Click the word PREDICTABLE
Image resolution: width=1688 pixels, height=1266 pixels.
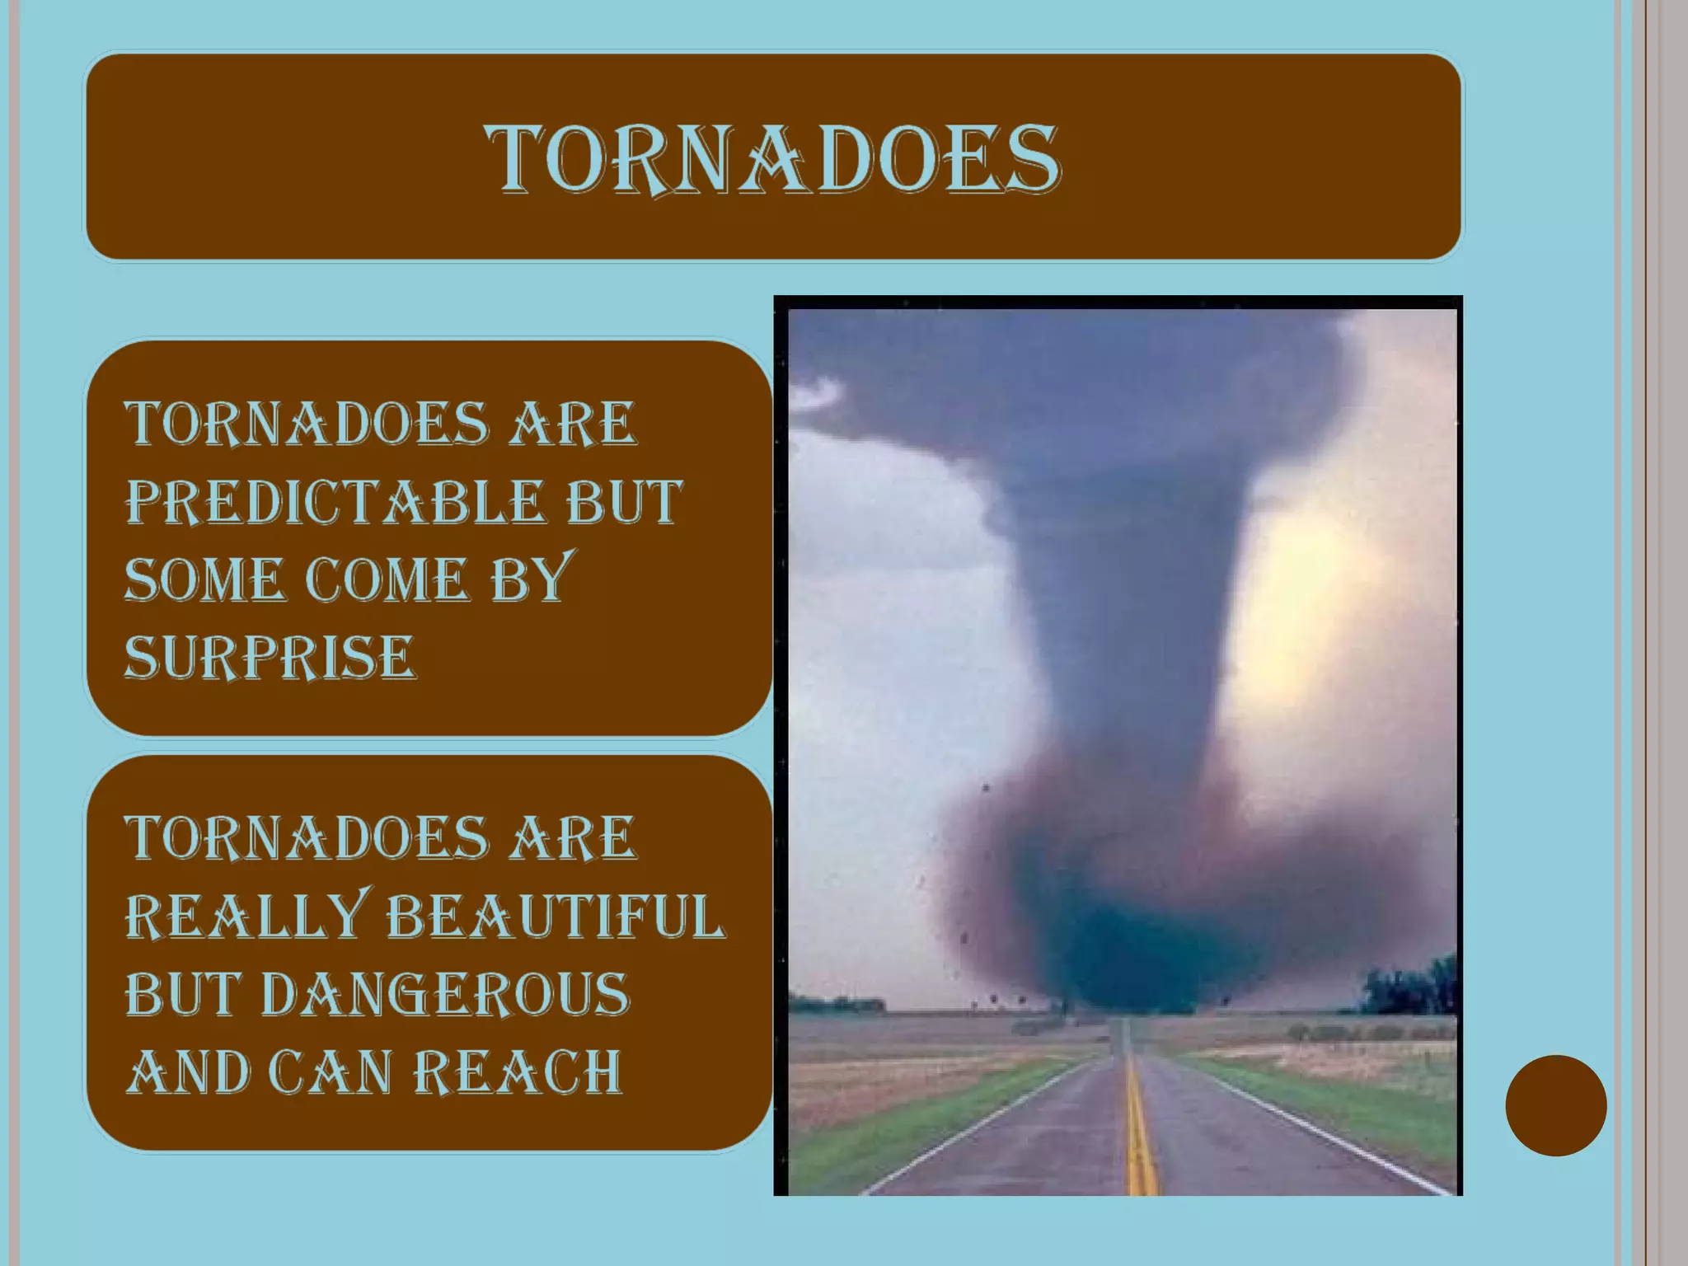[x=335, y=502]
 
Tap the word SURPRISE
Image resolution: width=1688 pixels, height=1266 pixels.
[x=270, y=658]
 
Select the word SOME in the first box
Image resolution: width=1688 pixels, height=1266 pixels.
[x=204, y=579]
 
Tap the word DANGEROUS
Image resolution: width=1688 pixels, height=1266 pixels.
[x=445, y=994]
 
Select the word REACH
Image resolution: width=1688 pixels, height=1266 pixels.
[x=517, y=1072]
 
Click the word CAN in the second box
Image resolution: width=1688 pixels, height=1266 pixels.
[x=330, y=1072]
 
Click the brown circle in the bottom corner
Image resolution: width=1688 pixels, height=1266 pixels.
[x=1555, y=1105]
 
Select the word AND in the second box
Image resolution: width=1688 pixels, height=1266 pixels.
[x=188, y=1072]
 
